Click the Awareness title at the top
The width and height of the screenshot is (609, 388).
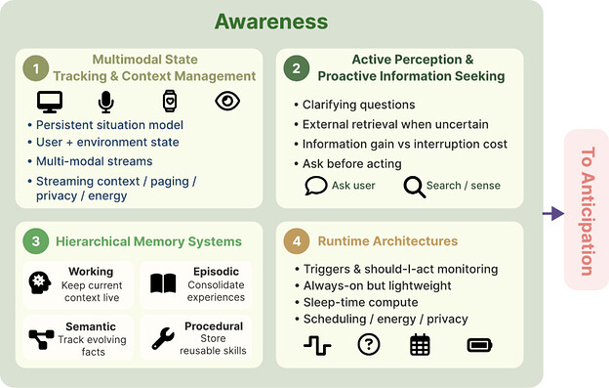tap(271, 22)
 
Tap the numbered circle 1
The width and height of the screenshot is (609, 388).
tap(36, 68)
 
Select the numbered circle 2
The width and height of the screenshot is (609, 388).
tap(297, 68)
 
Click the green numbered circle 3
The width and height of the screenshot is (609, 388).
tap(36, 241)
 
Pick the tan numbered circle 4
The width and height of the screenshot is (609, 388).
tap(297, 241)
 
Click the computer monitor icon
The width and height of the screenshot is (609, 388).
tap(50, 102)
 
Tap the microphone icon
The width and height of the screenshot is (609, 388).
tap(105, 102)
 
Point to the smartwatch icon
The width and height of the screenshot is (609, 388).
tap(170, 101)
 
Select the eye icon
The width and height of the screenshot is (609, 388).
tap(227, 101)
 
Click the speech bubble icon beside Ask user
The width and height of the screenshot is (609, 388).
tap(316, 186)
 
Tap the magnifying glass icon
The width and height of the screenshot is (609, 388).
tap(415, 187)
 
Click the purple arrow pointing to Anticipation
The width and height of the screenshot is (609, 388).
tap(553, 213)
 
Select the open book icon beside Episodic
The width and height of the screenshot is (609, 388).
tap(163, 283)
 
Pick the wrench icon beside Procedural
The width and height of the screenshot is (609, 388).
tap(163, 338)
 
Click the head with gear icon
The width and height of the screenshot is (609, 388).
tap(40, 282)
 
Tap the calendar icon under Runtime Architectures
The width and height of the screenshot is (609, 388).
tap(420, 344)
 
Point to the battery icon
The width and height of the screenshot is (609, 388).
tap(479, 345)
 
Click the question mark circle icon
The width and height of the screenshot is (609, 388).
tap(369, 344)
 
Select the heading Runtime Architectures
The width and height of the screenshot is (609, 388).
tap(387, 241)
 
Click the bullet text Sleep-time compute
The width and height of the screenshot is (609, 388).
tap(360, 302)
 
